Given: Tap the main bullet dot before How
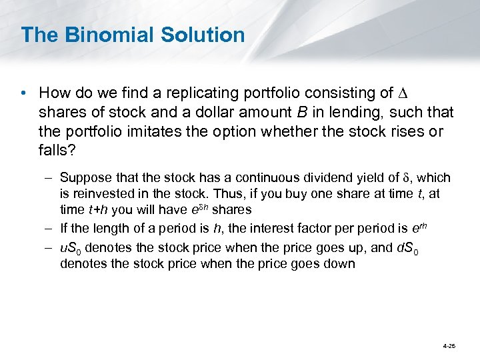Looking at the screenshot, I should [25, 93].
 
